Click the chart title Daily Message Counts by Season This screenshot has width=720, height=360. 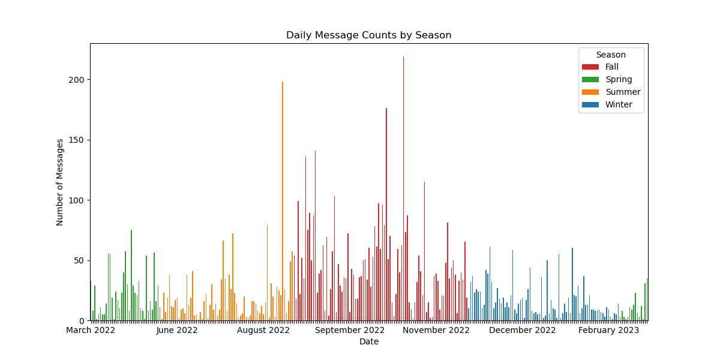point(368,35)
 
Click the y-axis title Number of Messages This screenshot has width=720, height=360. point(60,182)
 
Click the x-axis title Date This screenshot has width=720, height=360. point(368,342)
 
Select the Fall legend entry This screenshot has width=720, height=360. point(611,67)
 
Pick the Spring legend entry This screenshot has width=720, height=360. point(618,80)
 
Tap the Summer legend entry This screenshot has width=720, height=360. point(622,92)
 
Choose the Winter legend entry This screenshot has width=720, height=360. point(618,105)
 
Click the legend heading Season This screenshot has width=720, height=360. point(611,55)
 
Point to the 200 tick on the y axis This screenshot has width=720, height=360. point(79,80)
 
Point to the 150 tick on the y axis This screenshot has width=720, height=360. point(79,140)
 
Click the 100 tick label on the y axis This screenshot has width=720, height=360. point(79,200)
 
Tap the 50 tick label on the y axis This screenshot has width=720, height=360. point(81,260)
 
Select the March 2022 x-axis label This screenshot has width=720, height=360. point(91,330)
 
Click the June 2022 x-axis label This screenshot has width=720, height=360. point(177,330)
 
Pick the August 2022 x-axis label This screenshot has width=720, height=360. point(263,330)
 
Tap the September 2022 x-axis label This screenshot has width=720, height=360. point(350,330)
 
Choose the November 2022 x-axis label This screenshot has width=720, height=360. point(436,330)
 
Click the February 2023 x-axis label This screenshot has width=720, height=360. point(609,330)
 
